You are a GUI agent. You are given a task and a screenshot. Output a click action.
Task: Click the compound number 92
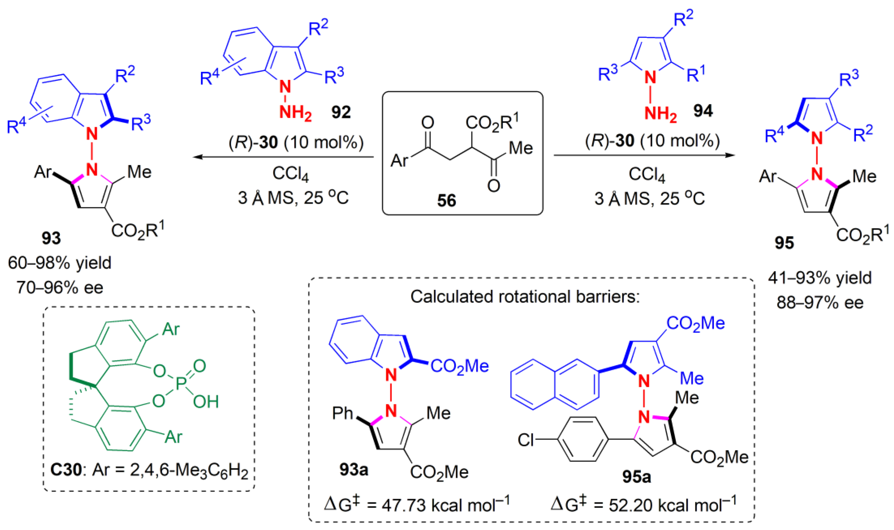[341, 112]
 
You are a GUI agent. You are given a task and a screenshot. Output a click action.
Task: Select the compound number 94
[703, 111]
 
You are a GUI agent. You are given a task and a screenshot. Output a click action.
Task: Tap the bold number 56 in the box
[447, 201]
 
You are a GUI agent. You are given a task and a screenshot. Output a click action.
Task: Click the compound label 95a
[637, 477]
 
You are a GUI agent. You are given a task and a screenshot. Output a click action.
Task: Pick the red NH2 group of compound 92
[295, 113]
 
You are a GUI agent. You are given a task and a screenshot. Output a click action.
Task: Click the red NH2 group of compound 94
[660, 114]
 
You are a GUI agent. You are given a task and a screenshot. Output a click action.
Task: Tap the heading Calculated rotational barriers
[525, 297]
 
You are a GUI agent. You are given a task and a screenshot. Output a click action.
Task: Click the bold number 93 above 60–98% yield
[51, 238]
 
